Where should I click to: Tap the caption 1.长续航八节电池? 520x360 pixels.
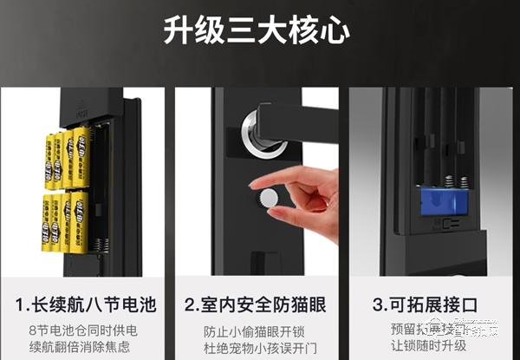[x=85, y=305]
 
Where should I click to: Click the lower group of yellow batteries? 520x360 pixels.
[x=66, y=224]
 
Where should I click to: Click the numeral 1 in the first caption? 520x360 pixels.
[x=21, y=305]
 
